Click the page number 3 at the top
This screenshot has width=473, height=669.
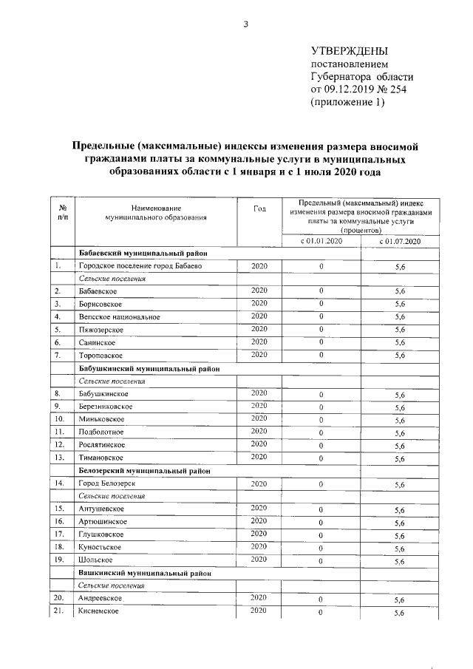(x=246, y=24)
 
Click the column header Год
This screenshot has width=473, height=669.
(x=259, y=208)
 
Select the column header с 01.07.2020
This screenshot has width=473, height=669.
(x=400, y=241)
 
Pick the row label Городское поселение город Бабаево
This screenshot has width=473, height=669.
(x=139, y=265)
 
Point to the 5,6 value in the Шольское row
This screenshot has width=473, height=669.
(x=400, y=560)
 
